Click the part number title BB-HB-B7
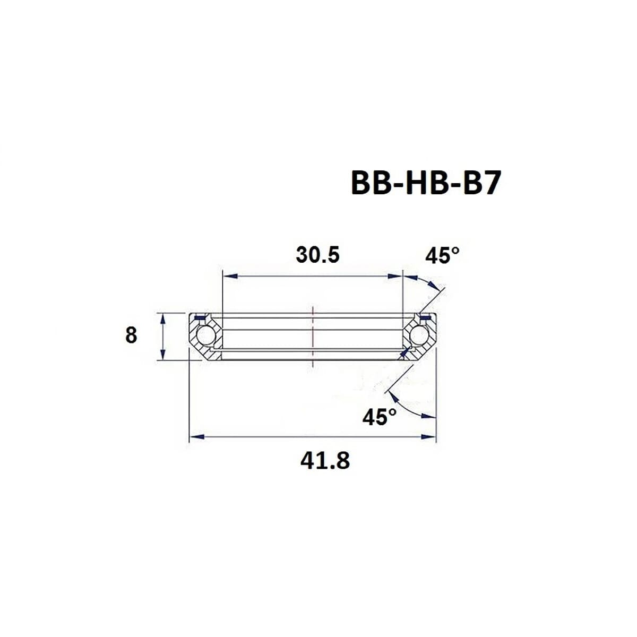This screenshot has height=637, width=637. coord(425,184)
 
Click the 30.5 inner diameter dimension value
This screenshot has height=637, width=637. coord(317,255)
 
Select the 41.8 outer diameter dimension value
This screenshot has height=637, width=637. coord(325,460)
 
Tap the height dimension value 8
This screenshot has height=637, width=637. coord(131,335)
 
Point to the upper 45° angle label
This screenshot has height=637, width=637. coord(442,256)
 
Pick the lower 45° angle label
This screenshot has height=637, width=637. coord(380,417)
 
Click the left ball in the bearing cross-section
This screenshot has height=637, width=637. coord(203,337)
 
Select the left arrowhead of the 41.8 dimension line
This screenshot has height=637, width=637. coord(197,437)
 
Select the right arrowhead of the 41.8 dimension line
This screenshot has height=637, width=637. coord(428,437)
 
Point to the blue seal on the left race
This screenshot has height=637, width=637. coord(200,318)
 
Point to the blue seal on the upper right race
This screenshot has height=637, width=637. coord(425,318)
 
